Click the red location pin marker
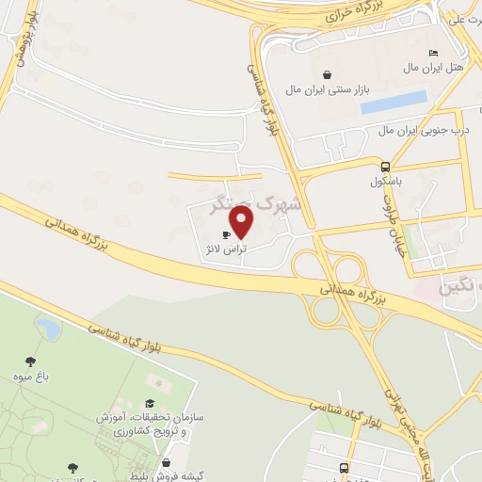pyautogui.click(x=242, y=222)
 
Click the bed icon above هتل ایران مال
pyautogui.click(x=432, y=53)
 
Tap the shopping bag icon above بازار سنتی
pyautogui.click(x=326, y=74)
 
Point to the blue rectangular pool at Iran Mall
pyautogui.click(x=394, y=102)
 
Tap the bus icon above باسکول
pyautogui.click(x=385, y=164)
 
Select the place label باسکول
pyautogui.click(x=385, y=179)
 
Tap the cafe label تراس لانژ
pyautogui.click(x=227, y=249)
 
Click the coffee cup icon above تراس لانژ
pyautogui.click(x=226, y=234)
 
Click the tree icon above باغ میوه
pyautogui.click(x=31, y=361)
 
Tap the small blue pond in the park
pyautogui.click(x=47, y=329)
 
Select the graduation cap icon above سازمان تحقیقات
pyautogui.click(x=150, y=402)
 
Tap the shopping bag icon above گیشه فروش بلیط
pyautogui.click(x=167, y=461)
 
